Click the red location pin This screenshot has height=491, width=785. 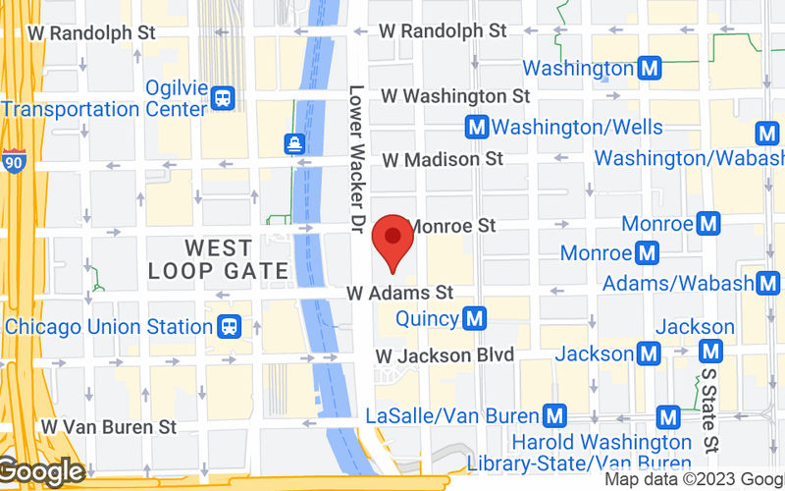point(393,239)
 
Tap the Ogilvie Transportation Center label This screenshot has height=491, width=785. point(106,97)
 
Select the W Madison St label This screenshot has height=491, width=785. point(443,158)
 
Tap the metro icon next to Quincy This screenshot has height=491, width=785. point(476,318)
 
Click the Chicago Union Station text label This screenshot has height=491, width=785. point(108,325)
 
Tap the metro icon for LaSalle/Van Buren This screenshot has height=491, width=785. point(556,416)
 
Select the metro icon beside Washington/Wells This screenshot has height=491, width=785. point(478,128)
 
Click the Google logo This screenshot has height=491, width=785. point(41,472)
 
